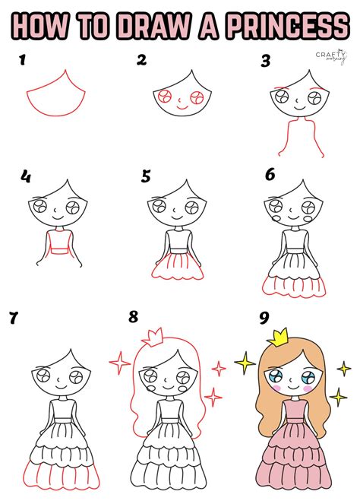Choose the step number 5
click(146, 177)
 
